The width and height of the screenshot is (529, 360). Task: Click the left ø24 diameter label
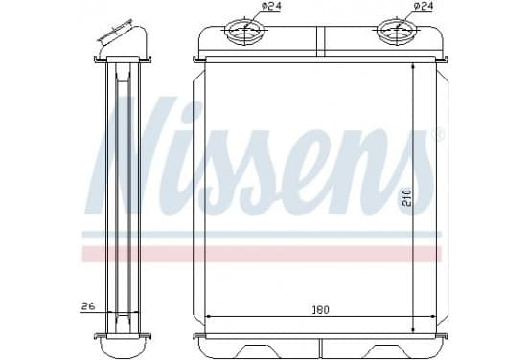point(271,6)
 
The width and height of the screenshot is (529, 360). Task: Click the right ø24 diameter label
point(423,6)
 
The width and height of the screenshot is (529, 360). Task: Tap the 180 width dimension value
point(320,309)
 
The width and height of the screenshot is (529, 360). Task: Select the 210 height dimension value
point(406,197)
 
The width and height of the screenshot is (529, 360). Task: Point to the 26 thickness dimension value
point(88,306)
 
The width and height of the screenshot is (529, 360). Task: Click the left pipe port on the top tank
point(245,32)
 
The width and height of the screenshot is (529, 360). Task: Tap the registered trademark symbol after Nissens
point(440,135)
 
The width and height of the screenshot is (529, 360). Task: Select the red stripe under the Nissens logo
point(262,254)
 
